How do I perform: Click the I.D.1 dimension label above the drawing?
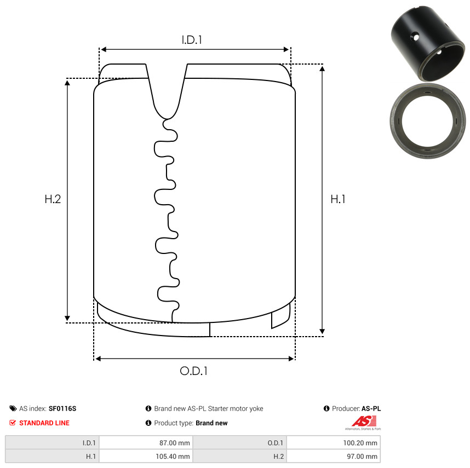(192, 40)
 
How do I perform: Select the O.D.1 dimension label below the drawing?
(193, 371)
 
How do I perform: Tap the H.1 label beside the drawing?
(338, 199)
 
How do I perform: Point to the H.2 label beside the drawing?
(53, 199)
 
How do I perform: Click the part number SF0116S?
(62, 409)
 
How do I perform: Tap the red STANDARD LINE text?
(44, 423)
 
